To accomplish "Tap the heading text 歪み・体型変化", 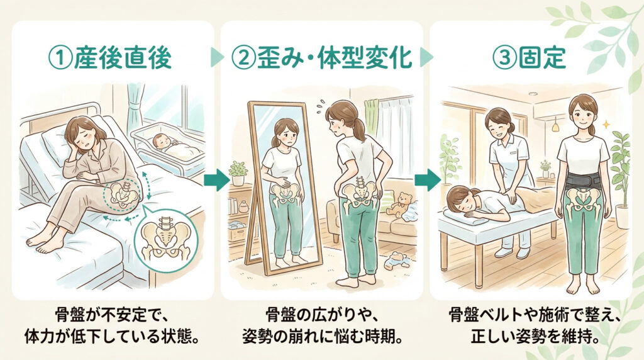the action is (x=335, y=58).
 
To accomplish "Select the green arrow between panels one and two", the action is (x=216, y=179).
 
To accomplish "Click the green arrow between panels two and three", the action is (x=427, y=179).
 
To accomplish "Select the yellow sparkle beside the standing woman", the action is (x=605, y=124).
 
